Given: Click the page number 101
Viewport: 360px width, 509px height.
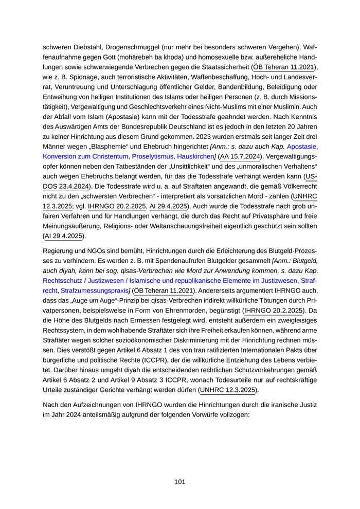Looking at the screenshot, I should pyautogui.click(x=179, y=482).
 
